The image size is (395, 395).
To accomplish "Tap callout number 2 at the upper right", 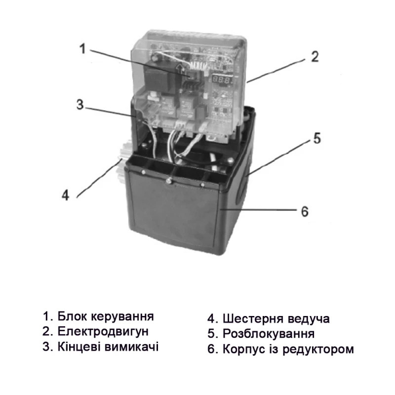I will (314, 57).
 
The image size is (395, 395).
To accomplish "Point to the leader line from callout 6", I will (257, 210).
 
